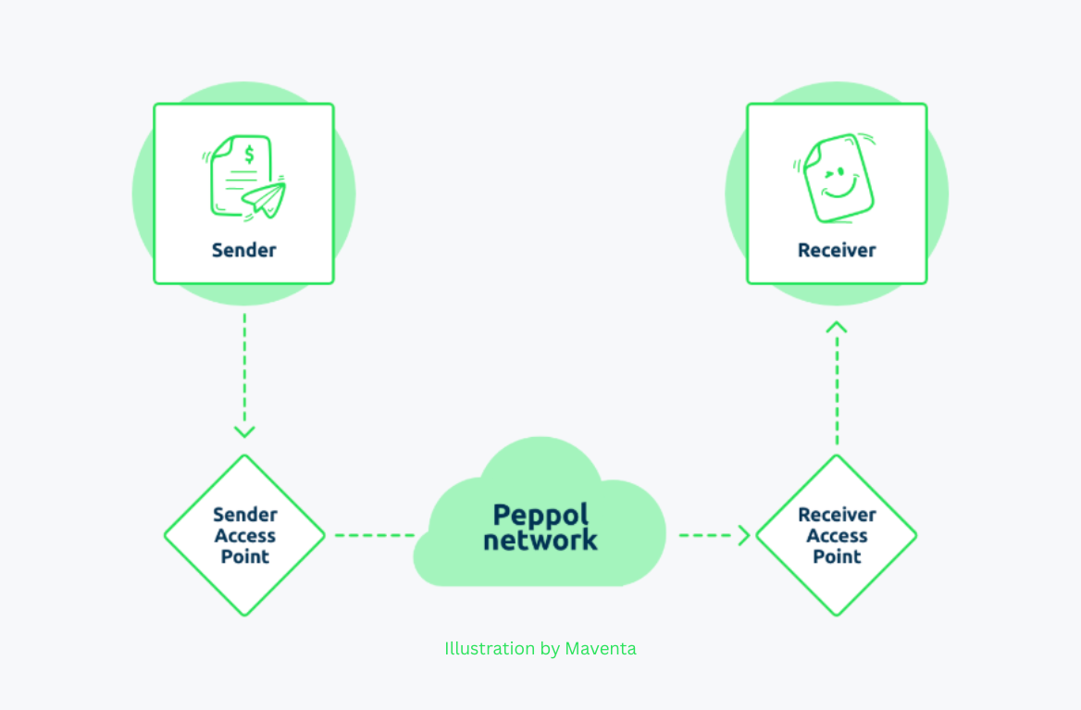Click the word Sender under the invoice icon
click(243, 250)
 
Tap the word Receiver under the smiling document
click(837, 250)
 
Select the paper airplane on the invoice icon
click(265, 198)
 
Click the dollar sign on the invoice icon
click(249, 154)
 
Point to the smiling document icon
click(837, 179)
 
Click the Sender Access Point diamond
click(244, 535)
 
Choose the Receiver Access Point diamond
click(837, 535)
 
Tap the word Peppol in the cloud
click(540, 516)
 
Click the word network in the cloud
click(540, 540)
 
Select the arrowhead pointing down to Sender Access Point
click(244, 430)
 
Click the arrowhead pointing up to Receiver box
click(837, 327)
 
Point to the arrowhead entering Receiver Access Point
click(743, 535)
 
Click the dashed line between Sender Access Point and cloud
click(374, 535)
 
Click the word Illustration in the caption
click(490, 648)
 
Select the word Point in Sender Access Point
click(244, 556)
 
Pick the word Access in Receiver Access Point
click(837, 536)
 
